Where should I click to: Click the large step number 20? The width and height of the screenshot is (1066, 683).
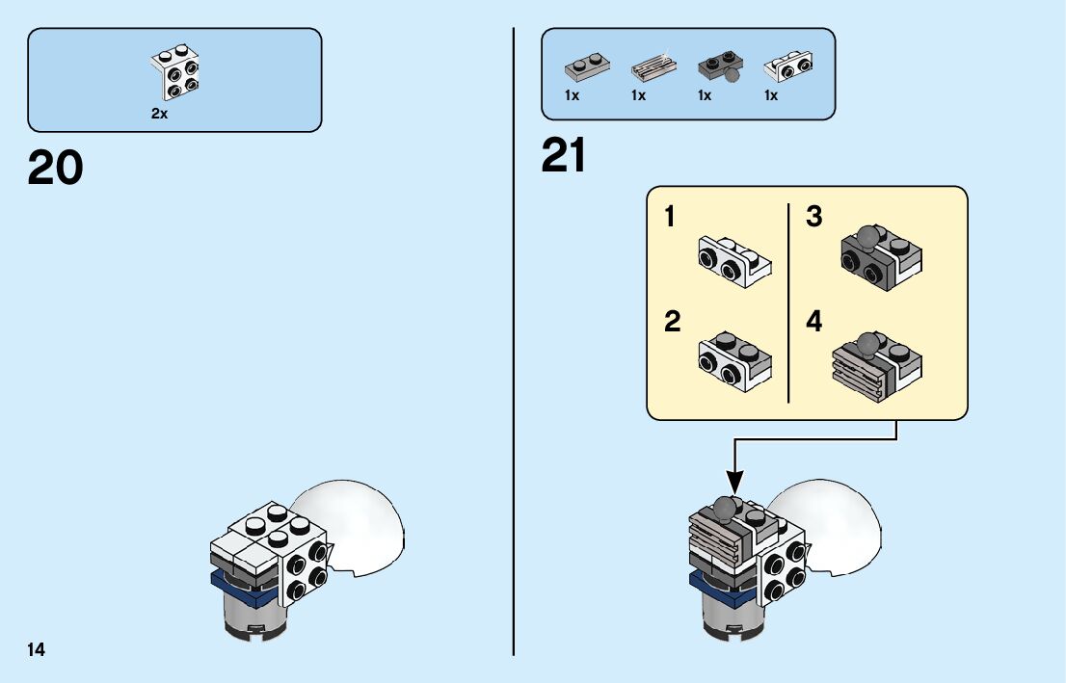click(x=56, y=169)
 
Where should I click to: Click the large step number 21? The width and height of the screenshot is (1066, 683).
click(x=564, y=156)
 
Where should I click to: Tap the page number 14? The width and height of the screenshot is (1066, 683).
click(x=37, y=649)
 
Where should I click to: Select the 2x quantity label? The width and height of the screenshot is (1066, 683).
click(x=159, y=113)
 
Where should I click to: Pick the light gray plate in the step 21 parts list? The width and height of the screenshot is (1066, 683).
click(x=587, y=67)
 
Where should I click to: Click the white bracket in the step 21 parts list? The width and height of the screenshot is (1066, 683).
click(x=787, y=67)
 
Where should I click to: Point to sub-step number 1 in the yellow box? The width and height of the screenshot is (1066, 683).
click(x=670, y=218)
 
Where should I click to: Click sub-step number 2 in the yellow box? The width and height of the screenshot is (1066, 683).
click(x=672, y=322)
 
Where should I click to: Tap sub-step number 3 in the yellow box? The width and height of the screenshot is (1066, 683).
click(x=814, y=218)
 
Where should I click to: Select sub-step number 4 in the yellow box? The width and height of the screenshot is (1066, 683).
click(x=814, y=322)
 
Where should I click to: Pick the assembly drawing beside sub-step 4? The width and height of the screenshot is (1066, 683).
click(x=875, y=365)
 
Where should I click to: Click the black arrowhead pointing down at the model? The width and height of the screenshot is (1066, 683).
click(x=734, y=480)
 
